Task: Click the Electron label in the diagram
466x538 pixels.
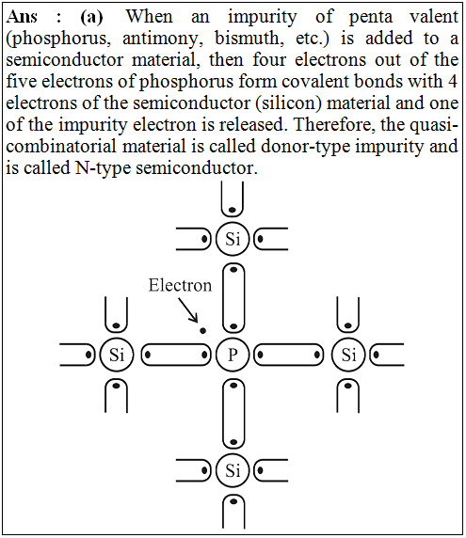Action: click(180, 285)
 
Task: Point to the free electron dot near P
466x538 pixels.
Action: click(203, 331)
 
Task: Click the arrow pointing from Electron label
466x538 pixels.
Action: click(188, 310)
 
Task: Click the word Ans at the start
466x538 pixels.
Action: click(22, 17)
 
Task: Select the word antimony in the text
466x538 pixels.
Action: click(160, 39)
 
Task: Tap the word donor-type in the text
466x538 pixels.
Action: click(306, 147)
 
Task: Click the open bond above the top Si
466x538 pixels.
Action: click(233, 214)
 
